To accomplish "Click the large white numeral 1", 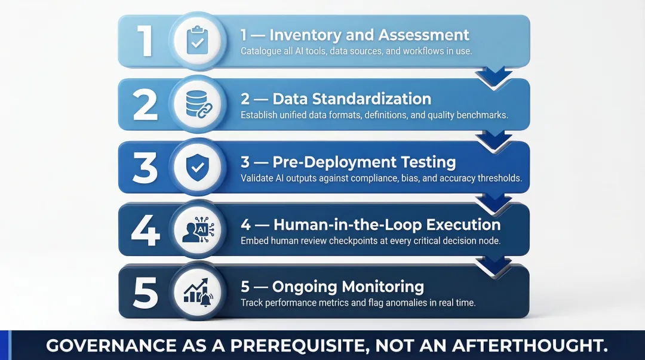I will point(145,41).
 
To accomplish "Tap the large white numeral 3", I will point(145,168).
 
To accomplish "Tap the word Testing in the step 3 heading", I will point(428,162).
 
